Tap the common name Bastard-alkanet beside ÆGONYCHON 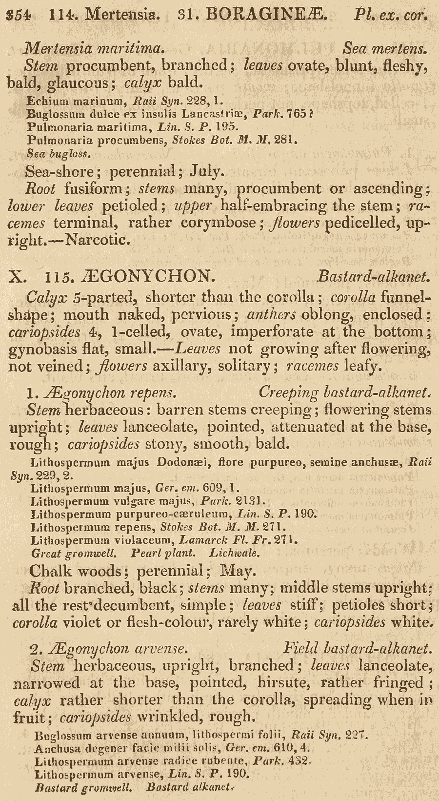(x=374, y=277)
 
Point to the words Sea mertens (x=385, y=48)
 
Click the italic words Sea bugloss (x=59, y=154)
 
